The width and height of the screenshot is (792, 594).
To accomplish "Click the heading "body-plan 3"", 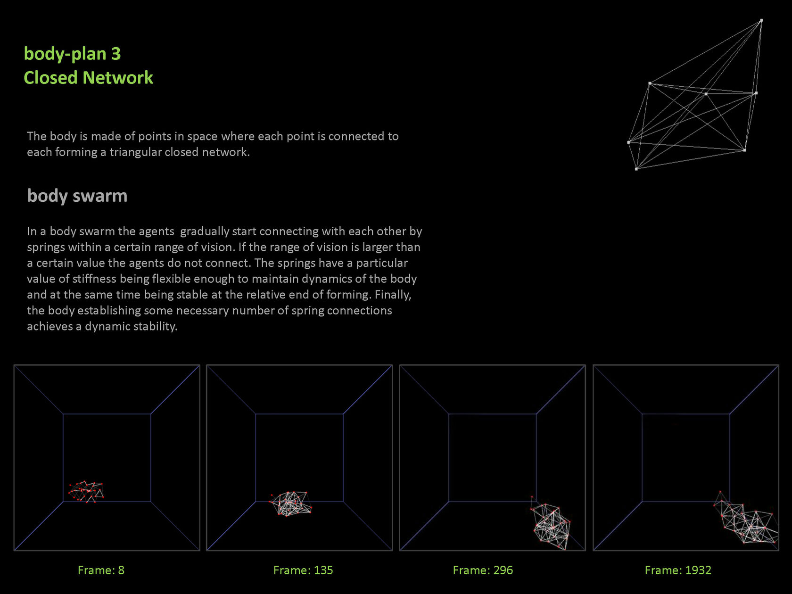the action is click(72, 54).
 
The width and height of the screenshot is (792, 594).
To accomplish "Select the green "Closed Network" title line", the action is click(89, 77).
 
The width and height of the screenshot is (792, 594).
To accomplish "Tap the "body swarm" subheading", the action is click(77, 196).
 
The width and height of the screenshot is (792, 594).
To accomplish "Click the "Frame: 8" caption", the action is click(101, 570).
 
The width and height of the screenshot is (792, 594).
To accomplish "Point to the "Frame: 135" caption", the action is click(303, 570).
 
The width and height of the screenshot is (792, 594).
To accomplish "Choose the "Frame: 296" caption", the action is click(483, 570).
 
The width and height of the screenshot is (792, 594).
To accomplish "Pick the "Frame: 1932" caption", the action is click(678, 570).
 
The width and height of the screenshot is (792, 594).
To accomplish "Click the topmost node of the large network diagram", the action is click(761, 21).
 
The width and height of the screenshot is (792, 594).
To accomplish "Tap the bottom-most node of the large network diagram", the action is click(636, 169).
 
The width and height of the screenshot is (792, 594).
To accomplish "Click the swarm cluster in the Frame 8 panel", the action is click(86, 492).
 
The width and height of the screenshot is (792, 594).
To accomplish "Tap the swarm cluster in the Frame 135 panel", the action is click(290, 503).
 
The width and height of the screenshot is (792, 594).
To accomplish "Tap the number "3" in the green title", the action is click(116, 54).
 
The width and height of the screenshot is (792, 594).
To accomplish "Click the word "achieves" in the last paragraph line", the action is click(50, 326).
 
